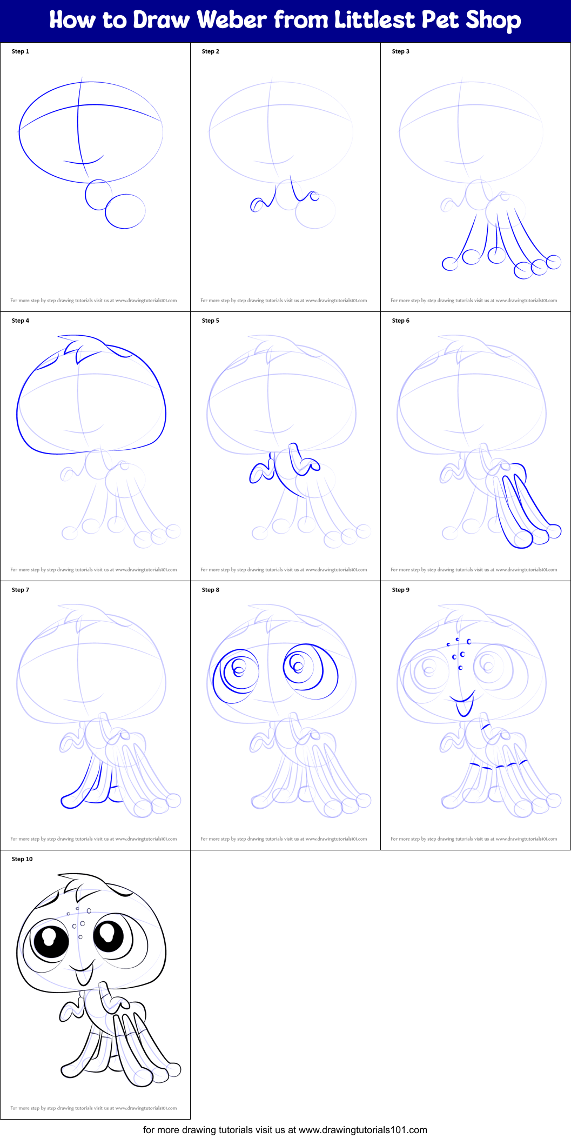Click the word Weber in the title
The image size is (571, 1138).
coord(232,20)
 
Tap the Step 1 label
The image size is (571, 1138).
coord(21,51)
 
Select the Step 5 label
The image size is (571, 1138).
coord(210,321)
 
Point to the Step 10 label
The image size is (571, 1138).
coord(22,859)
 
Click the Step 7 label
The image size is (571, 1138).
coord(21,590)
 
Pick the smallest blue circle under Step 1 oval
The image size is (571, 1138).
coord(98,195)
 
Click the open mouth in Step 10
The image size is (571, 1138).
coord(84,975)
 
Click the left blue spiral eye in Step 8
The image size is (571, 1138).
coord(236,675)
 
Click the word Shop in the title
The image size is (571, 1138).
coord(493,20)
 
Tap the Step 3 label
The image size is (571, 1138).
coord(400,51)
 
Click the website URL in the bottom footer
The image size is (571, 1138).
coord(362,1129)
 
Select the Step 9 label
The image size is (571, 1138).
coord(400,590)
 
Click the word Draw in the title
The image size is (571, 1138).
coord(162,20)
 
